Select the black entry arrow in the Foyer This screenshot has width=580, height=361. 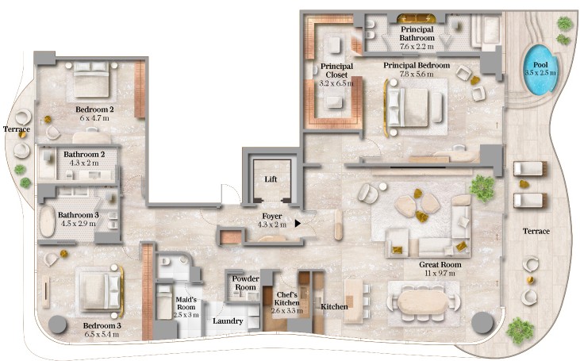[298, 223]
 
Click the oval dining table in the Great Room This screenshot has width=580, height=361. [423, 303]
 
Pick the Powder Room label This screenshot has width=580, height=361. [244, 282]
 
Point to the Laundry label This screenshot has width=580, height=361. [228, 321]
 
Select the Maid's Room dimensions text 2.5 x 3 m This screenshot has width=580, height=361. [187, 315]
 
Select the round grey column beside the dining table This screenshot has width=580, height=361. [482, 322]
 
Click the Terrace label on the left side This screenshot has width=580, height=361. [16, 128]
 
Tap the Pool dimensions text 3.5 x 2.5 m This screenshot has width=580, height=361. [540, 72]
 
